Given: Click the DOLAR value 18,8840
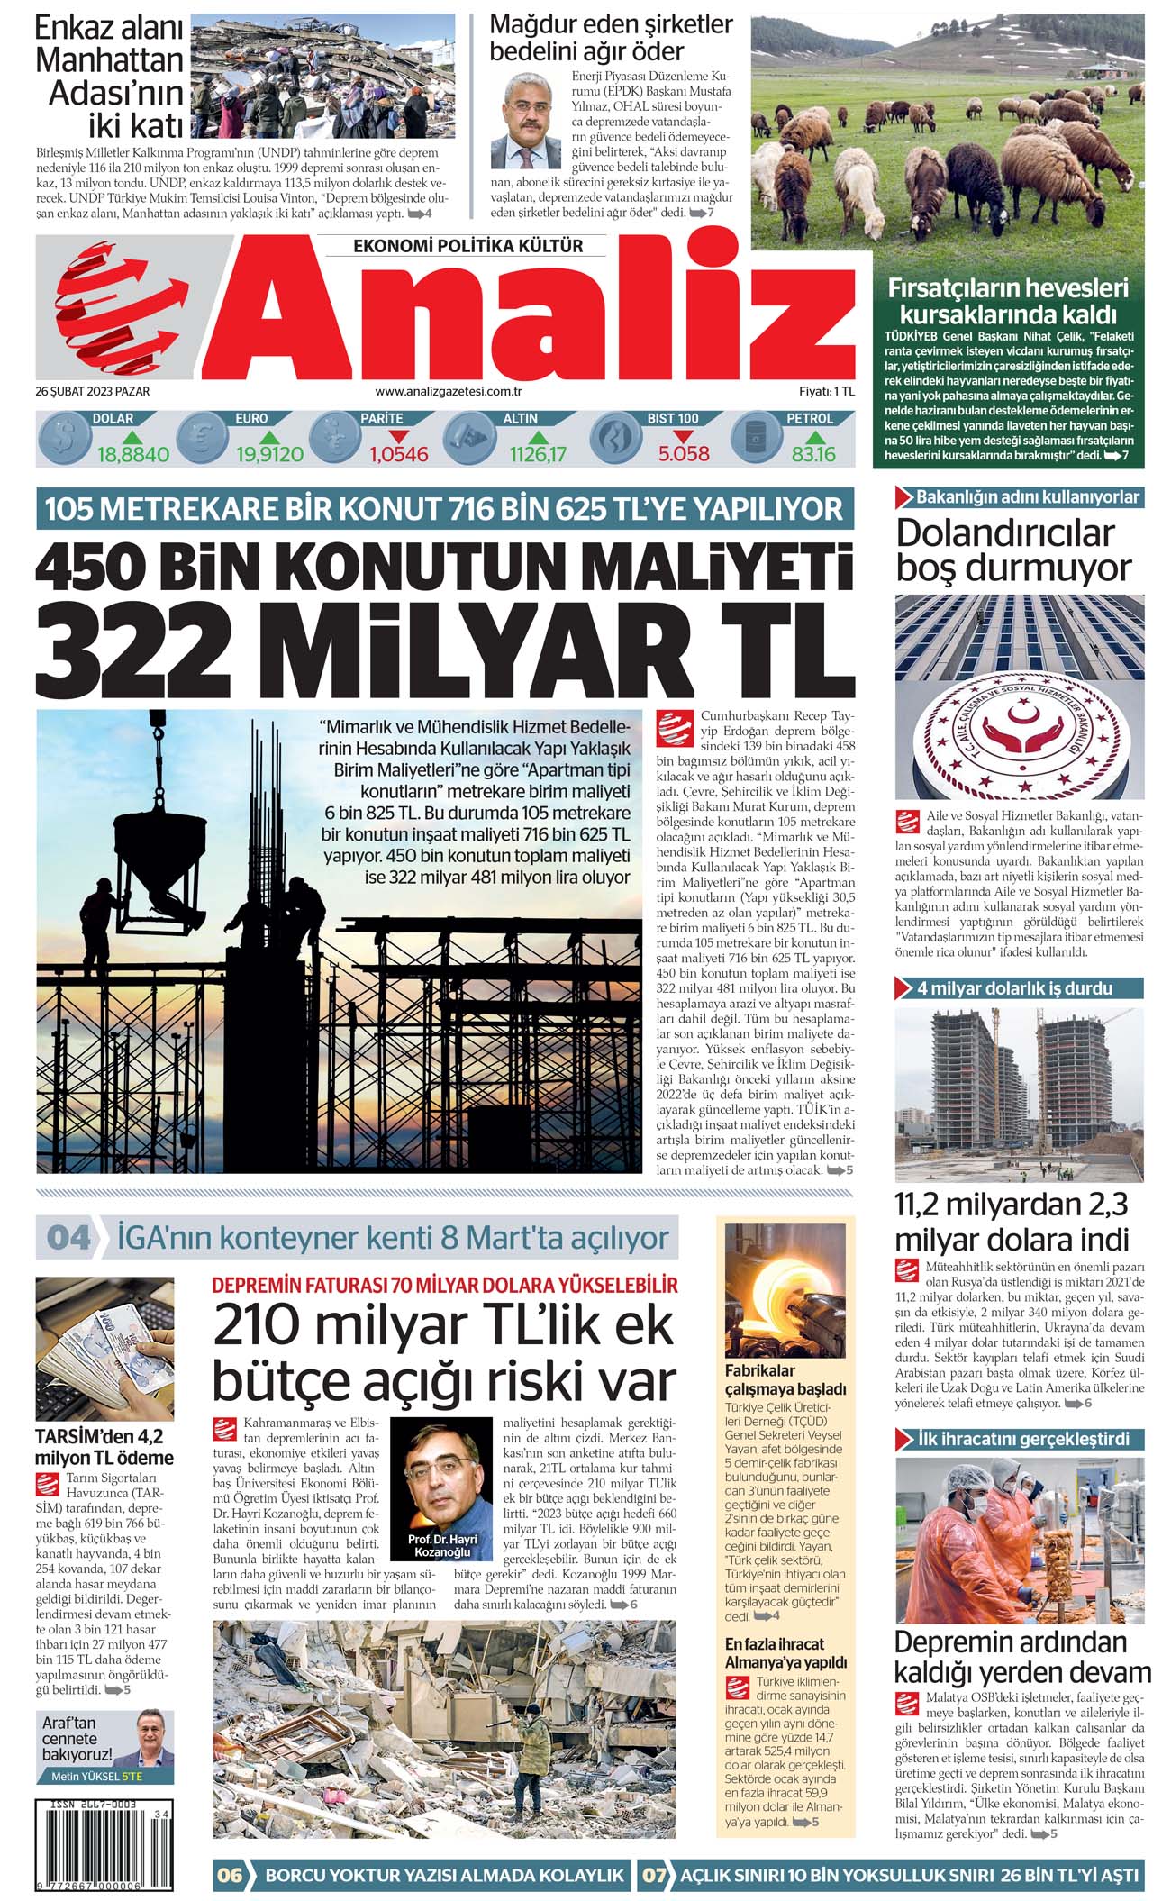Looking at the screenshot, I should [132, 454].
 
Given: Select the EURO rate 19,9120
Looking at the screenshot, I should [269, 454].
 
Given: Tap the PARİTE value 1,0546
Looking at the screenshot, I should [398, 454].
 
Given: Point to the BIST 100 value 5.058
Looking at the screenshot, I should [684, 453].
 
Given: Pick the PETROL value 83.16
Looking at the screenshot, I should [813, 454].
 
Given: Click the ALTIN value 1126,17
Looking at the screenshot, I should [538, 454].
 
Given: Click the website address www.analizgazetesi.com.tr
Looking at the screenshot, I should [449, 392].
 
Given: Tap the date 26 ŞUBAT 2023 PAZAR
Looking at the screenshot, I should [93, 392].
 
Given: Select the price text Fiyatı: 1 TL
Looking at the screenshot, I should [826, 392].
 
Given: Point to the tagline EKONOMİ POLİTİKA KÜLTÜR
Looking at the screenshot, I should [467, 246].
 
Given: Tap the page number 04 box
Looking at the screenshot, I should [68, 1237].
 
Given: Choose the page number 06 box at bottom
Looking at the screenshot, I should [230, 1875].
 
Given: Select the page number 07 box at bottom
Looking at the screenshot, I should [654, 1875].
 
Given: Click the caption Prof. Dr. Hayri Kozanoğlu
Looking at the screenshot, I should [442, 1545].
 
